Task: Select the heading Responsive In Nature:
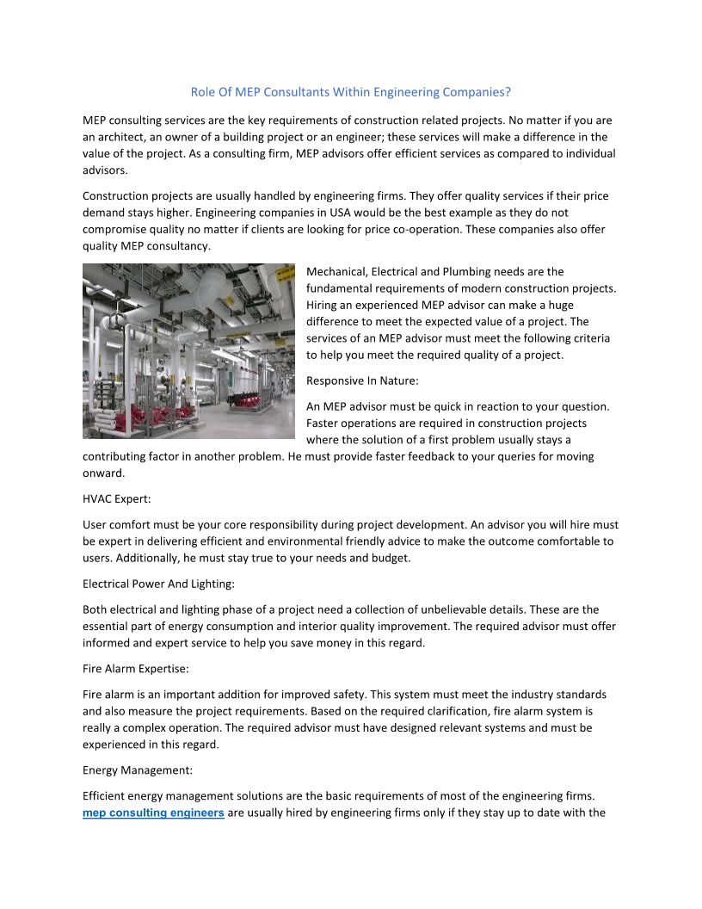pyautogui.click(x=362, y=380)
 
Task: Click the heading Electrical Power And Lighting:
pyautogui.click(x=158, y=584)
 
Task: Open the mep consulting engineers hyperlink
pyautogui.click(x=153, y=813)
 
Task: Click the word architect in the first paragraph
pyautogui.click(x=122, y=137)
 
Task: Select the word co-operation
pyautogui.click(x=512, y=229)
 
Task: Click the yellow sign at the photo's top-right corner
pyautogui.click(x=285, y=274)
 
